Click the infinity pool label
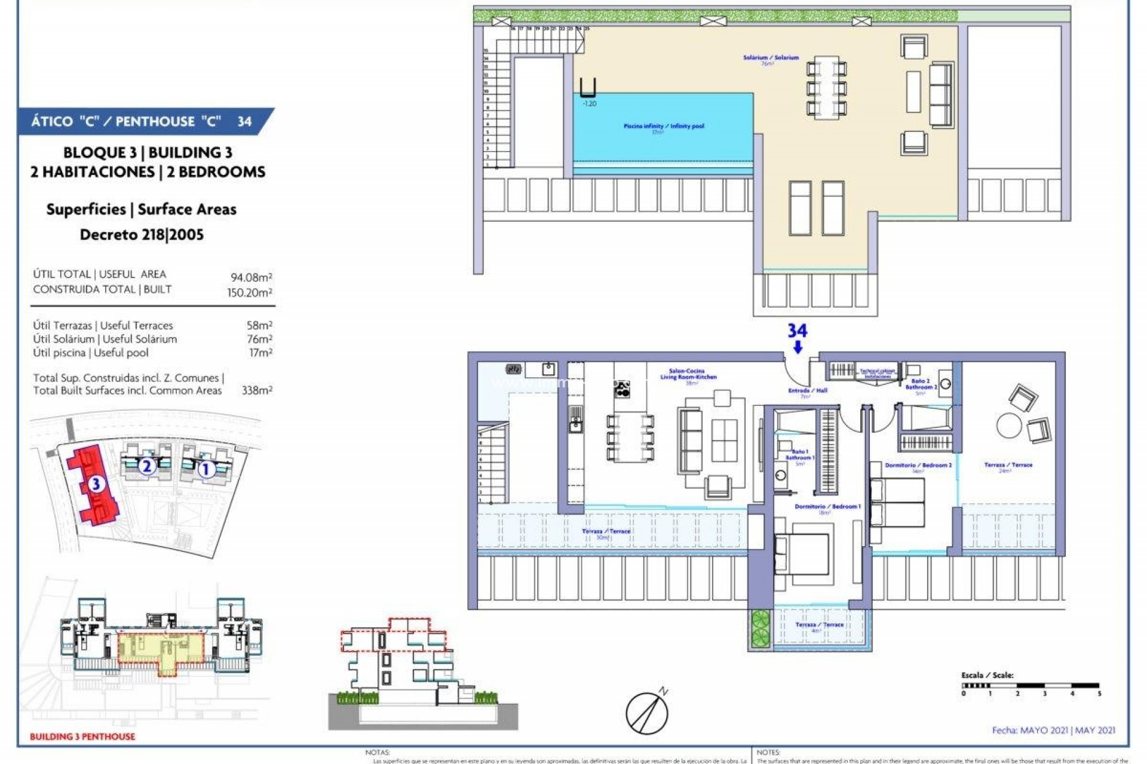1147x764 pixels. point(663,127)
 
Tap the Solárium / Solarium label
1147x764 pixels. point(771,58)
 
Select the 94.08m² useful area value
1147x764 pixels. point(252,278)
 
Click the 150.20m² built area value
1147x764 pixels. point(249,292)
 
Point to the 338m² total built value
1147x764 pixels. point(257,390)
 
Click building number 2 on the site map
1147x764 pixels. point(146,466)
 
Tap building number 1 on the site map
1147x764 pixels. point(206,469)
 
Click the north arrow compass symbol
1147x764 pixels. point(647,712)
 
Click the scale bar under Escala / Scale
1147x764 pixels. point(1031,686)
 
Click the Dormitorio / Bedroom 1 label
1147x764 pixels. point(827,507)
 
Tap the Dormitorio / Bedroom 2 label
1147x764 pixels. point(918,465)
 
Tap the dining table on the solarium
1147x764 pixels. point(826,85)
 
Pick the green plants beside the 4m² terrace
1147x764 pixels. point(760,629)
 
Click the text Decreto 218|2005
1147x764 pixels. point(142,235)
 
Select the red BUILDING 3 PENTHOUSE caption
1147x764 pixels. point(82,737)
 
